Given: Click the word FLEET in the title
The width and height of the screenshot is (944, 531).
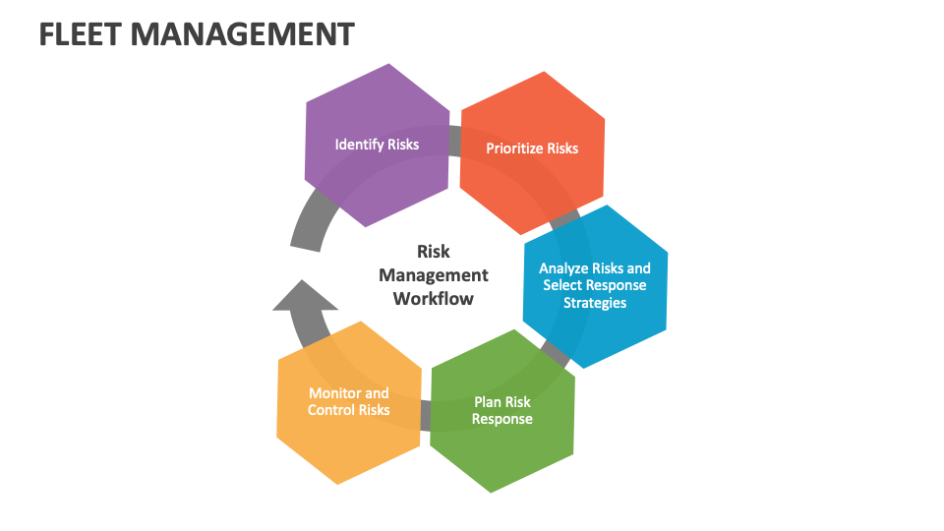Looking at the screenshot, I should tap(80, 34).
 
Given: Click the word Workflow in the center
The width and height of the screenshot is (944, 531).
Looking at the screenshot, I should tap(433, 299).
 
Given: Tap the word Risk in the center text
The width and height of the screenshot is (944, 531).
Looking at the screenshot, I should tap(433, 252).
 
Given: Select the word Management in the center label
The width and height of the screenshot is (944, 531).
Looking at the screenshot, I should tap(433, 275).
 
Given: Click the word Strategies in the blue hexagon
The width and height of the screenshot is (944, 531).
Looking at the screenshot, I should tap(595, 303).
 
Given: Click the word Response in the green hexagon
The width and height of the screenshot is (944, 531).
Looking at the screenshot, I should tap(502, 419).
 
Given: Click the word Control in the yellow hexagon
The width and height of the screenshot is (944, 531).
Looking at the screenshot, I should tap(330, 410).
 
